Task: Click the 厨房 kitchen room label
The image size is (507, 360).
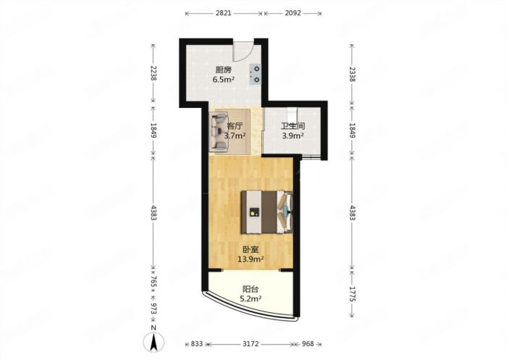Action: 223,70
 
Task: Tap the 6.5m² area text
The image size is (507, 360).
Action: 223,80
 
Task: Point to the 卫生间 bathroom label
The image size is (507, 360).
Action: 293,126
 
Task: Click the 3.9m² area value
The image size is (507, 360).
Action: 293,136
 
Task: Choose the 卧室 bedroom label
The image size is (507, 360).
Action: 251,249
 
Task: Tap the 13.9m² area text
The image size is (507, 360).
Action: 251,259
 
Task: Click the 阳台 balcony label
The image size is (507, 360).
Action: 251,289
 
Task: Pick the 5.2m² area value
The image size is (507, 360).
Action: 251,299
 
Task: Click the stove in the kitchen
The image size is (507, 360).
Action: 255,74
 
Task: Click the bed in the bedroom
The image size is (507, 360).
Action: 267,212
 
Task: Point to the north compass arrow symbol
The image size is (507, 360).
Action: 154,342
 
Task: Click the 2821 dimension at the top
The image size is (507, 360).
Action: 223,13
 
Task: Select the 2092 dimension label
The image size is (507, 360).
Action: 293,13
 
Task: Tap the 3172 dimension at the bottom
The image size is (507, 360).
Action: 251,344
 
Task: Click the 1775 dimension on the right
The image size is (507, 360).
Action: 353,294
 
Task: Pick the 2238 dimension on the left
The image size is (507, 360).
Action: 154,73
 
